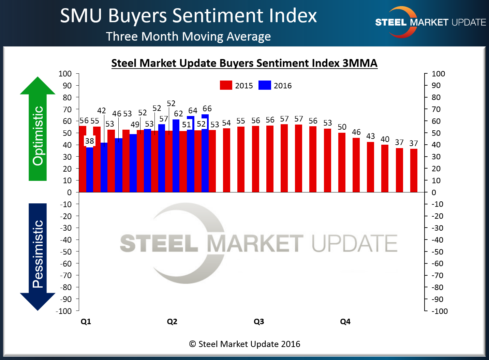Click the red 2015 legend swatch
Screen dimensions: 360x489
pos(226,85)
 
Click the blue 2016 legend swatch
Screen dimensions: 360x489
pos(265,85)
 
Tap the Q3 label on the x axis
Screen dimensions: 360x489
pos(259,322)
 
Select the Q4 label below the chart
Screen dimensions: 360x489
pos(345,322)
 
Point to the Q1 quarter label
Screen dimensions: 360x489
pos(86,322)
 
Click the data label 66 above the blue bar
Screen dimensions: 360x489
pos(207,109)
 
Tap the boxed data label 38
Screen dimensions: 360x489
pos(89,141)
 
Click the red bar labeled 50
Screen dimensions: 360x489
pos(342,162)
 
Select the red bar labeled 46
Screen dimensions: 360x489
pos(356,165)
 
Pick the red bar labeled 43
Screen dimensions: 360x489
pos(370,167)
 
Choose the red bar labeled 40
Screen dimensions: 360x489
pos(385,168)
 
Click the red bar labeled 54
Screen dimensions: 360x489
pos(226,160)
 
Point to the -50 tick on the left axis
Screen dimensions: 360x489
pos(66,251)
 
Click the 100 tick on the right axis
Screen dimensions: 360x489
pos(438,74)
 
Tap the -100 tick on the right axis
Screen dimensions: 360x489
pos(440,311)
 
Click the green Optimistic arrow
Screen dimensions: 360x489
pos(38,130)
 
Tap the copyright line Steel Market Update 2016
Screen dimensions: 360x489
pos(245,344)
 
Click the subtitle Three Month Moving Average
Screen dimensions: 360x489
pos(188,37)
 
